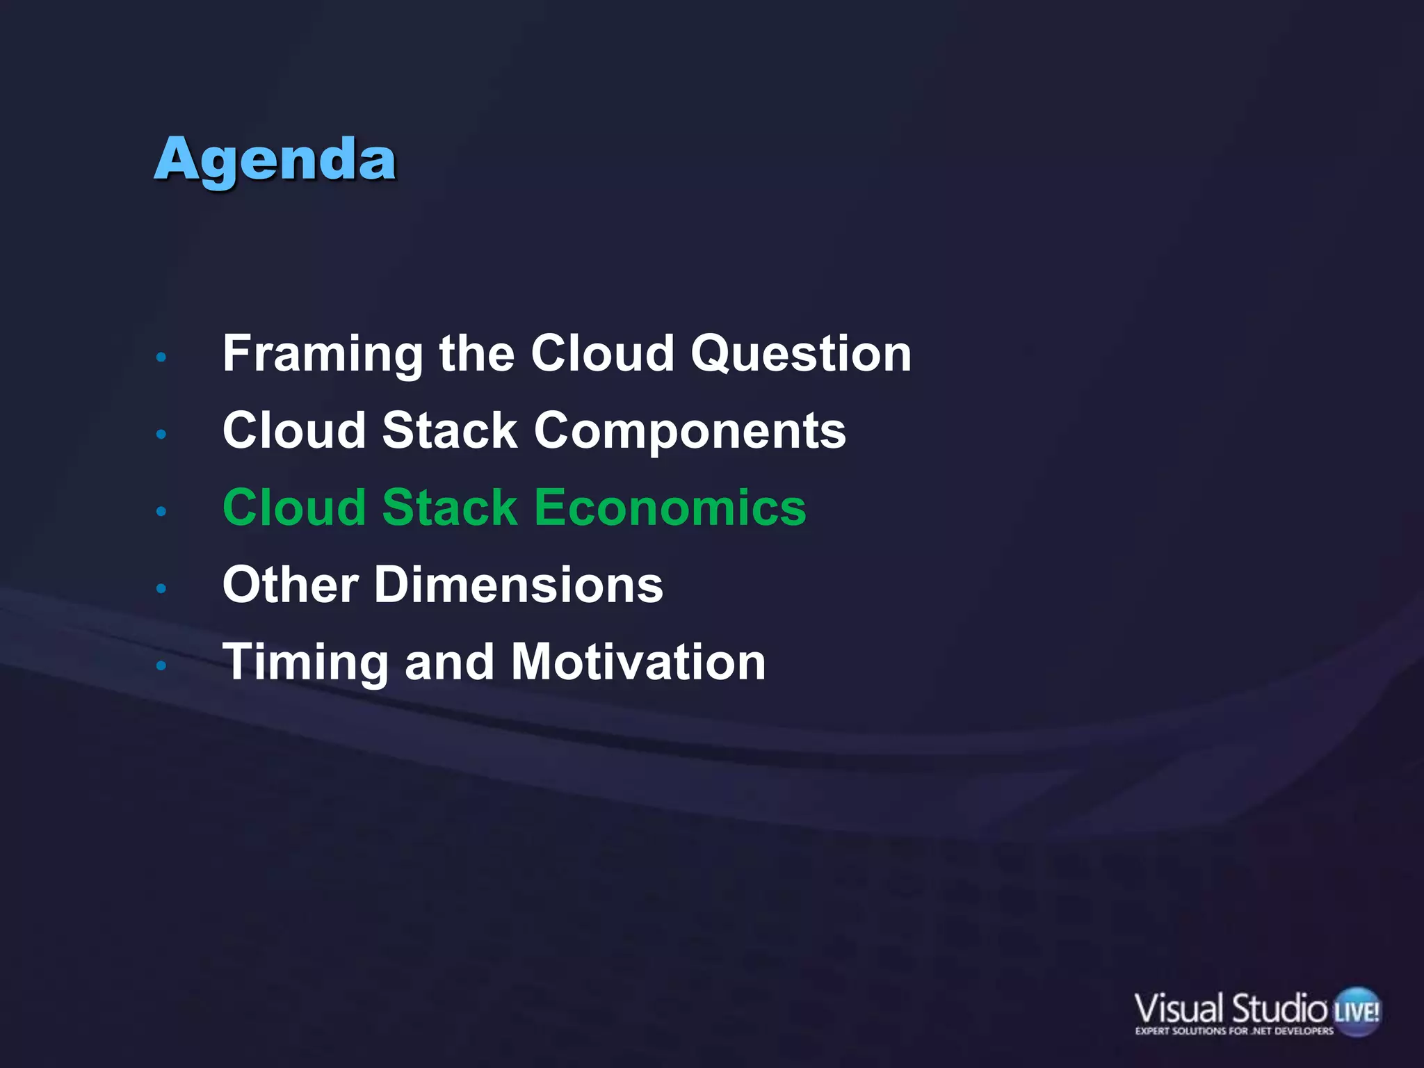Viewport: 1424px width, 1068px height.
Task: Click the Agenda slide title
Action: (275, 160)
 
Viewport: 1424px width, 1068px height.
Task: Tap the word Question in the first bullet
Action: (800, 355)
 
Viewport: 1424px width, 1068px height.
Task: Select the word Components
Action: (690, 431)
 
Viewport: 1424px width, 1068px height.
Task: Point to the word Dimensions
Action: (519, 585)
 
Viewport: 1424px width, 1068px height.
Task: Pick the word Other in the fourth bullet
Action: (291, 585)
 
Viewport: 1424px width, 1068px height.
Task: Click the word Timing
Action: (305, 663)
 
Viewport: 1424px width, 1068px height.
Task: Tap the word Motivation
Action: (638, 663)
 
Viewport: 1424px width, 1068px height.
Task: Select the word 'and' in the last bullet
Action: (449, 663)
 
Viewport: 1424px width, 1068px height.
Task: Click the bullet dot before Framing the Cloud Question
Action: (161, 357)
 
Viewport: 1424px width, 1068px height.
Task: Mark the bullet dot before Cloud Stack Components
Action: (161, 435)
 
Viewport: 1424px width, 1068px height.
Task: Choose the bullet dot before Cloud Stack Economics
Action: (161, 512)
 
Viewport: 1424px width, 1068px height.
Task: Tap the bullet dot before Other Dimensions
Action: (161, 589)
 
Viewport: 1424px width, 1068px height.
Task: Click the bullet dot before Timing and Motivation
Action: (161, 666)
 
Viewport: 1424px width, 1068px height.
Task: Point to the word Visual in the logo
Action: (1179, 1009)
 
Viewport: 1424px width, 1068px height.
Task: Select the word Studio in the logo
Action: (1279, 1009)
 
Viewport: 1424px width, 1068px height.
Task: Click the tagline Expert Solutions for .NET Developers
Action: (1234, 1031)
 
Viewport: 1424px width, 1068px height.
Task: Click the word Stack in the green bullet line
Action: (450, 508)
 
